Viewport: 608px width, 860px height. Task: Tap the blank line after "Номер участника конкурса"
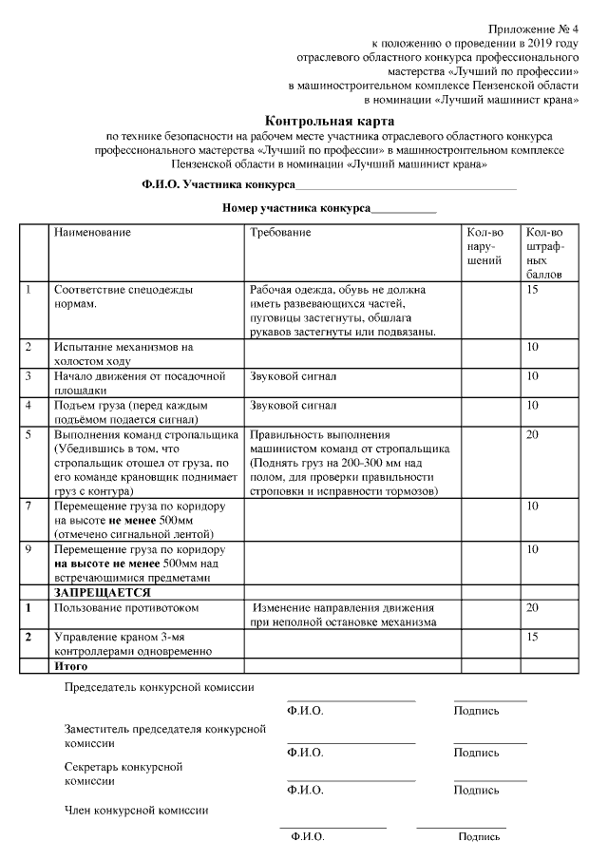(x=403, y=208)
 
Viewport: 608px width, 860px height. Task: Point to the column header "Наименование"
(x=92, y=233)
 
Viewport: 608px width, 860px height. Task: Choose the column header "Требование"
(x=280, y=233)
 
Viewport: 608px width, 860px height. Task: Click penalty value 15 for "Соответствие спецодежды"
(x=532, y=290)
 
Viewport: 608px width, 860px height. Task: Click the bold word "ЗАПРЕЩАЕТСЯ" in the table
(x=95, y=592)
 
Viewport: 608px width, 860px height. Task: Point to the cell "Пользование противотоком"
(x=126, y=607)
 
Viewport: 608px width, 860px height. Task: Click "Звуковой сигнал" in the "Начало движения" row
(x=294, y=376)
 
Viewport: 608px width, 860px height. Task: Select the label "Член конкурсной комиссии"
(x=136, y=811)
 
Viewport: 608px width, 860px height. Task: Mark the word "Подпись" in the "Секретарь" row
(x=476, y=790)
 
